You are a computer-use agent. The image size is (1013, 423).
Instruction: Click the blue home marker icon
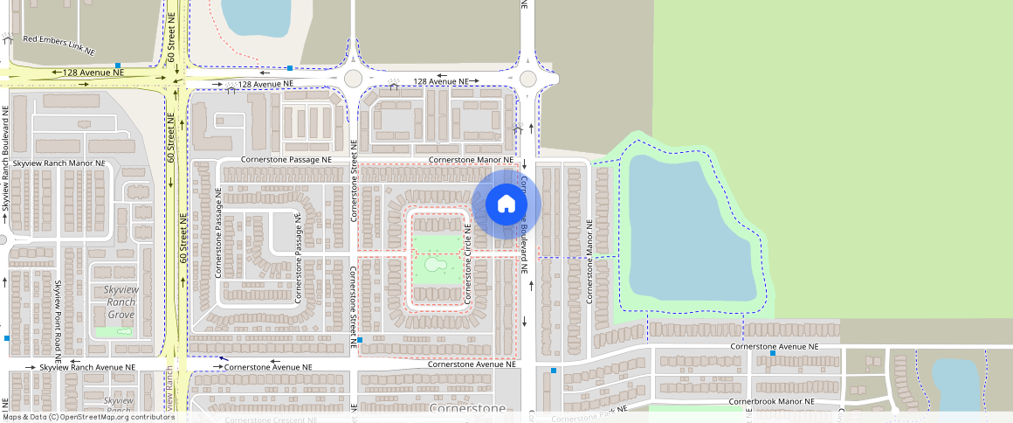506,205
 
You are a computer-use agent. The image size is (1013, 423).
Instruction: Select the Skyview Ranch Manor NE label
59,163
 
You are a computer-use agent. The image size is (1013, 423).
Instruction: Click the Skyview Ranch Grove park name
120,302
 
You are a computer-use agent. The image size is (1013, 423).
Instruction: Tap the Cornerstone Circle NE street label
469,264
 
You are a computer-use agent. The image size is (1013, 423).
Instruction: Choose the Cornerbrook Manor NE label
771,402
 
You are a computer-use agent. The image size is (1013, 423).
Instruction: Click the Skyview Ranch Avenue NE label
87,368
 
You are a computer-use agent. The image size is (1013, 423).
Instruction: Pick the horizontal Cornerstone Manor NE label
471,161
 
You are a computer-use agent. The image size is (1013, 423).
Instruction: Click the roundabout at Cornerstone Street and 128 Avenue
353,78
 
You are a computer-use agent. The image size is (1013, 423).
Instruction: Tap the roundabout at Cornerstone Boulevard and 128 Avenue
527,79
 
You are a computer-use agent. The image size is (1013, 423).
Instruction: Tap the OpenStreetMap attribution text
87,417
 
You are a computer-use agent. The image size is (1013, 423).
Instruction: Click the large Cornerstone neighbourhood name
467,409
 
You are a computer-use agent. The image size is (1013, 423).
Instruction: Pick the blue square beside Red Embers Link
117,66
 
